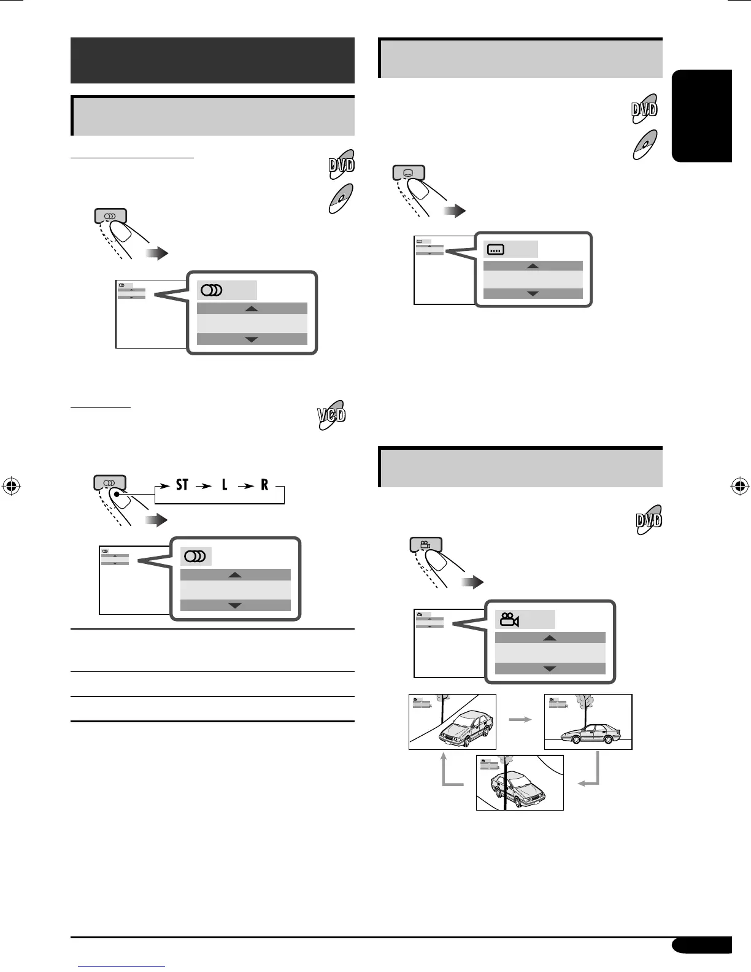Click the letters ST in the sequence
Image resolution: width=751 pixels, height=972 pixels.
(182, 485)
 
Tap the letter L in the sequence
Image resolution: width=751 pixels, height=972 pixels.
(225, 485)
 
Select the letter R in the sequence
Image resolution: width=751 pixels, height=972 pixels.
(264, 485)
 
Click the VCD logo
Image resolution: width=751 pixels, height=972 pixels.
(332, 415)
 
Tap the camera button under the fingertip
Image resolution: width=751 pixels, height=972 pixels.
(425, 544)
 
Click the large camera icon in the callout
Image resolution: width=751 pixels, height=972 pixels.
(509, 620)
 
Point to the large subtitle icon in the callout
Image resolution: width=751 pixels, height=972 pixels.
(495, 250)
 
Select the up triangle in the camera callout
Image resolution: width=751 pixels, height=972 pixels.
(550, 638)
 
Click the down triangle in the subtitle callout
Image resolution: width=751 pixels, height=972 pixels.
(533, 294)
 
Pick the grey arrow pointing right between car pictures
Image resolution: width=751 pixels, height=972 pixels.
(520, 720)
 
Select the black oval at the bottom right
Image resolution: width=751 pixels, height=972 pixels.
(701, 945)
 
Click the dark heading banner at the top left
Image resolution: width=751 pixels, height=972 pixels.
(212, 60)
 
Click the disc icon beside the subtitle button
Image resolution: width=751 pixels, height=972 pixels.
(644, 145)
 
